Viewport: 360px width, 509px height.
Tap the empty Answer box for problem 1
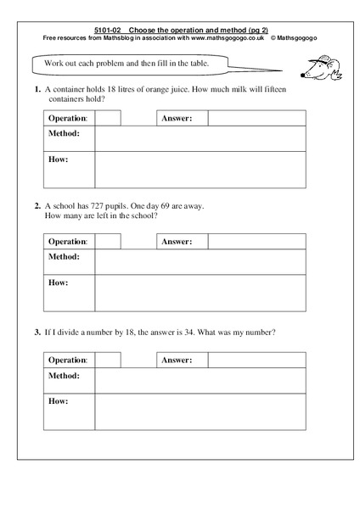pos(256,118)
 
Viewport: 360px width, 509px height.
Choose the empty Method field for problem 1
pos(200,138)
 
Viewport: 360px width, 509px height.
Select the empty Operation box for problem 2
pos(108,242)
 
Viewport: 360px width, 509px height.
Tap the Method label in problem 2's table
pos(64,256)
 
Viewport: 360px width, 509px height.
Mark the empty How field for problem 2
pos(200,293)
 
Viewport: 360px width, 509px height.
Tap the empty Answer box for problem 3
pos(256,360)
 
